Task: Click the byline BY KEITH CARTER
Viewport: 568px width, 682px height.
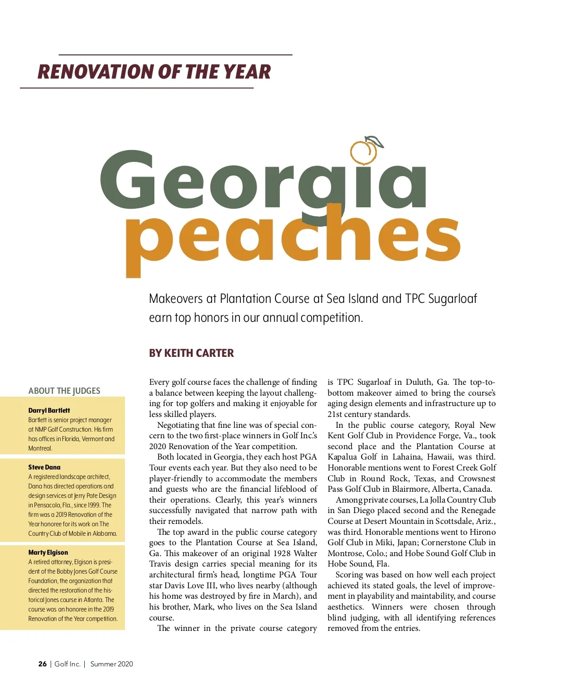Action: pos(191,353)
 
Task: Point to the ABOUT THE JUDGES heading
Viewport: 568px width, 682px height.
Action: pos(64,391)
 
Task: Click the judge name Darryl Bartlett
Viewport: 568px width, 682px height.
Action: pos(49,410)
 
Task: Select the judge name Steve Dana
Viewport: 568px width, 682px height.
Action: pos(44,467)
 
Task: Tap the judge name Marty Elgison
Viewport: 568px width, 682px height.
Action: pos(48,552)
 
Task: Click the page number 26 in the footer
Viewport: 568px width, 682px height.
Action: pos(43,664)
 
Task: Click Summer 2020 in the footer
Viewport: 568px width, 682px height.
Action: pos(112,664)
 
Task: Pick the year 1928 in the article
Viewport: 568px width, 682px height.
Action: pos(282,553)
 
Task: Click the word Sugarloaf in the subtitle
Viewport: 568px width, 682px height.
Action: pos(452,299)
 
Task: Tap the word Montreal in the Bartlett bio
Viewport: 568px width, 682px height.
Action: pos(40,448)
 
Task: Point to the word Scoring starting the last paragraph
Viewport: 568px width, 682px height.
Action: pos(351,575)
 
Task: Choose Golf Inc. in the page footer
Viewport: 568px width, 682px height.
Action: pos(67,664)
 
